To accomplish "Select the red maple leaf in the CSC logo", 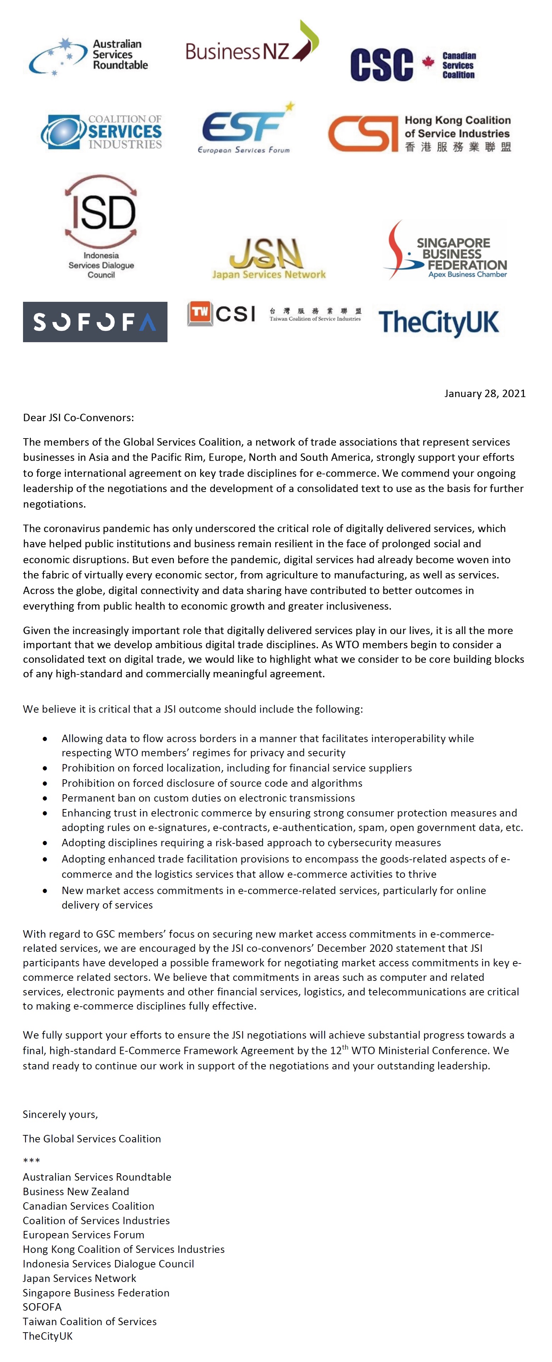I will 428,63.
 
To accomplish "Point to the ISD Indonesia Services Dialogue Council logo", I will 101,226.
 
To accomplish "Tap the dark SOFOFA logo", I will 95,322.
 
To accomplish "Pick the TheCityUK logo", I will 439,322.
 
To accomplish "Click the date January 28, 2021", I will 485,394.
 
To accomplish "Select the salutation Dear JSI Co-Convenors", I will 78,418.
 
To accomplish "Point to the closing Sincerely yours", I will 60,1114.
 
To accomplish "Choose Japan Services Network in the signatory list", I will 79,1278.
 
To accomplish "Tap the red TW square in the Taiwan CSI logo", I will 200,312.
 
